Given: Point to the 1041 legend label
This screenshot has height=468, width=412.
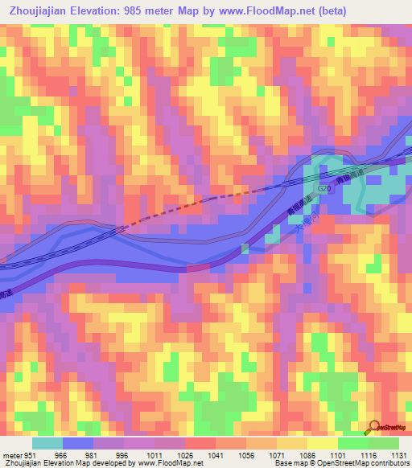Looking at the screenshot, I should coord(216,454).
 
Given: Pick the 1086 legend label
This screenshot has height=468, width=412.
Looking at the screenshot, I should coord(307,454).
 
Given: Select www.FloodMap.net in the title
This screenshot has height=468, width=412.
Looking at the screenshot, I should coord(297,11).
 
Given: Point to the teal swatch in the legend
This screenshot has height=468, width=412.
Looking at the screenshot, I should coord(47,443).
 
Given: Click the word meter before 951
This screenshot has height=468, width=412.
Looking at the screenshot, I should coord(12,454).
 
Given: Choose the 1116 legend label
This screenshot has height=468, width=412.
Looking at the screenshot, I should coord(369,454).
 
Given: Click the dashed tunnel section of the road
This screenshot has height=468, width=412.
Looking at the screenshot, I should coord(169,211).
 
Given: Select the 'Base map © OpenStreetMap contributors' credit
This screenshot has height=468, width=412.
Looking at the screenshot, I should coord(340,463).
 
